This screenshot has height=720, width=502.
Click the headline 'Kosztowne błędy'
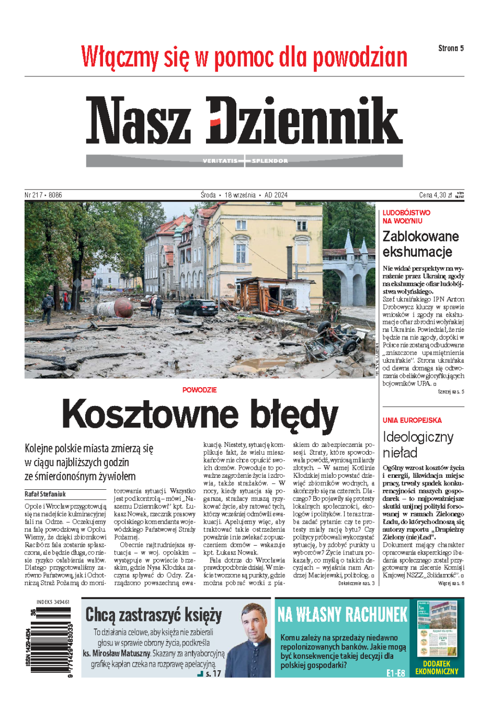(x=200, y=414)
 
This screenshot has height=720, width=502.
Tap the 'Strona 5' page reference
(x=451, y=48)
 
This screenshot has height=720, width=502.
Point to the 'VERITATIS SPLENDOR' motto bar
(x=245, y=161)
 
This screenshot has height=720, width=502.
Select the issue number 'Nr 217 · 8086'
(x=43, y=195)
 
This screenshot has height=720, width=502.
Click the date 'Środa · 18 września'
(x=229, y=195)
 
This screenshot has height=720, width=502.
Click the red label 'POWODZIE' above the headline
(x=199, y=390)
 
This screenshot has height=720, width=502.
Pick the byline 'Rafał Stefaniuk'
(x=45, y=494)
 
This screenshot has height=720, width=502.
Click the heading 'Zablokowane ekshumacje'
(x=420, y=244)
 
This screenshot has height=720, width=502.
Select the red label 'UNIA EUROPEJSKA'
(x=412, y=420)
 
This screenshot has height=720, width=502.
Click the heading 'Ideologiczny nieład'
(x=418, y=444)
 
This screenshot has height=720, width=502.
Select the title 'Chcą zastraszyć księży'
(x=154, y=614)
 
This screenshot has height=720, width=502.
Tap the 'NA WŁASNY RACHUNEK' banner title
(x=343, y=614)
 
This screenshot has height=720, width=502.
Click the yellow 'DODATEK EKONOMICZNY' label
(x=437, y=667)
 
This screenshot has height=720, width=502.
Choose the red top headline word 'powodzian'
(x=360, y=58)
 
